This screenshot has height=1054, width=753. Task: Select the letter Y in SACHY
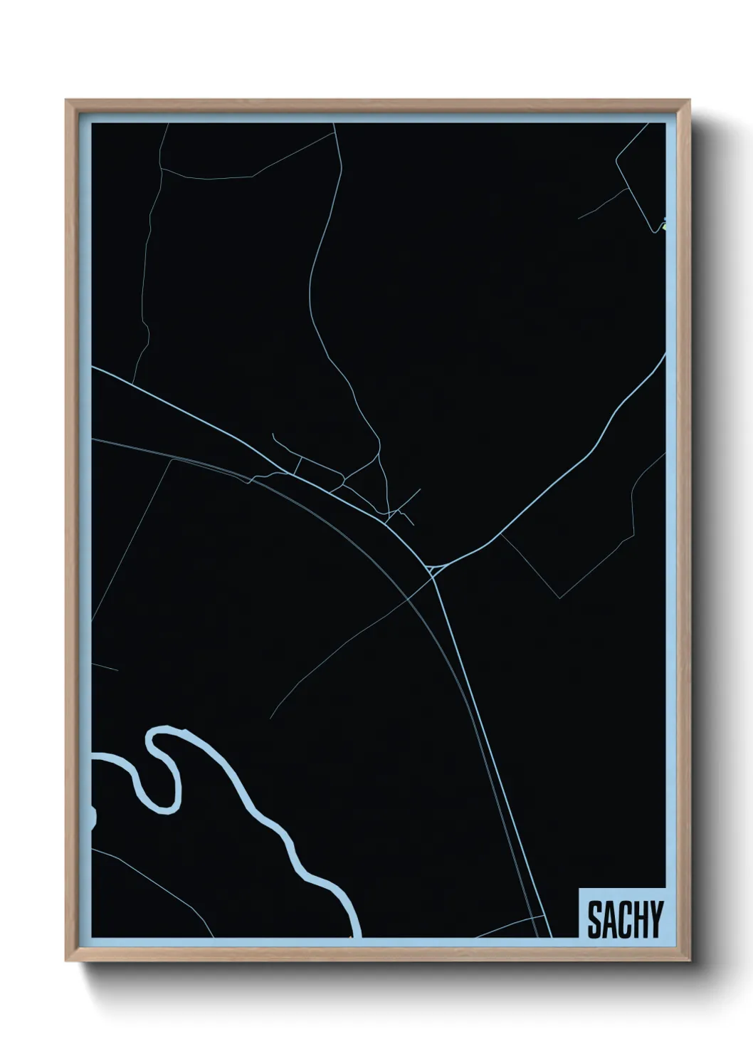click(655, 919)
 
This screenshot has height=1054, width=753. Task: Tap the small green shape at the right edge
click(663, 227)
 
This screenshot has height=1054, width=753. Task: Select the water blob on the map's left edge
click(93, 818)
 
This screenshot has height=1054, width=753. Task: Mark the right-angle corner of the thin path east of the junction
click(561, 598)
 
